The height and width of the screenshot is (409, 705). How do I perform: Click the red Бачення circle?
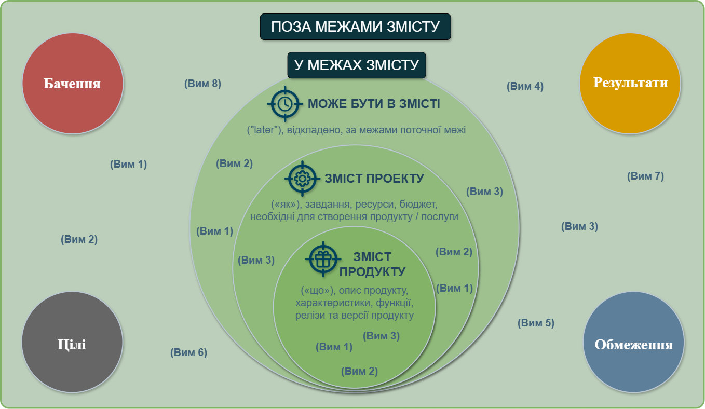(73, 84)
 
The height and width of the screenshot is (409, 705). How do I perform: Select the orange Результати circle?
(630, 84)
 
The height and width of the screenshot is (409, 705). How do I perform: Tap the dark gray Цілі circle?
(72, 342)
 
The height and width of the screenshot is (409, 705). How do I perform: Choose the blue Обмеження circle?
(633, 342)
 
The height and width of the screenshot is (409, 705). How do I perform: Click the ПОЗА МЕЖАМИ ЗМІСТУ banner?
(355, 26)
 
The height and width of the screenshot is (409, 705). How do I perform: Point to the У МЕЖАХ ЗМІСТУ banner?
(357, 65)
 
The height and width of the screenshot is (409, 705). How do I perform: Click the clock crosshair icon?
(285, 104)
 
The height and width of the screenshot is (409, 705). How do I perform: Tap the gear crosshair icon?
(302, 179)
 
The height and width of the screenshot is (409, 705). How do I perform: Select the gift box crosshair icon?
(323, 259)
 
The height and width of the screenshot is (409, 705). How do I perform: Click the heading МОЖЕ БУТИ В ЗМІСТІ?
(374, 104)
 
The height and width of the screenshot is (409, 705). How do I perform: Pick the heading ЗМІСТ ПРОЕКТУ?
(374, 179)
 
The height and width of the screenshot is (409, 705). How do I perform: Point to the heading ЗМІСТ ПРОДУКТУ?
(372, 264)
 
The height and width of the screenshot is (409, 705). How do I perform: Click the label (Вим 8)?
(202, 84)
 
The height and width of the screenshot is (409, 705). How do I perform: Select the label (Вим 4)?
(525, 86)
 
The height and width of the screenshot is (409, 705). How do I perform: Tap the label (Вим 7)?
(645, 176)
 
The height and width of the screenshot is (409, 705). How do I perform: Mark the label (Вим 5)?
(536, 323)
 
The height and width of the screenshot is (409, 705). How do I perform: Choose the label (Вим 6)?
(188, 352)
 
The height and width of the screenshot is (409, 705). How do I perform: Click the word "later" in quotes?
(264, 130)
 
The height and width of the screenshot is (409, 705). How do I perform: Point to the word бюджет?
(418, 204)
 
